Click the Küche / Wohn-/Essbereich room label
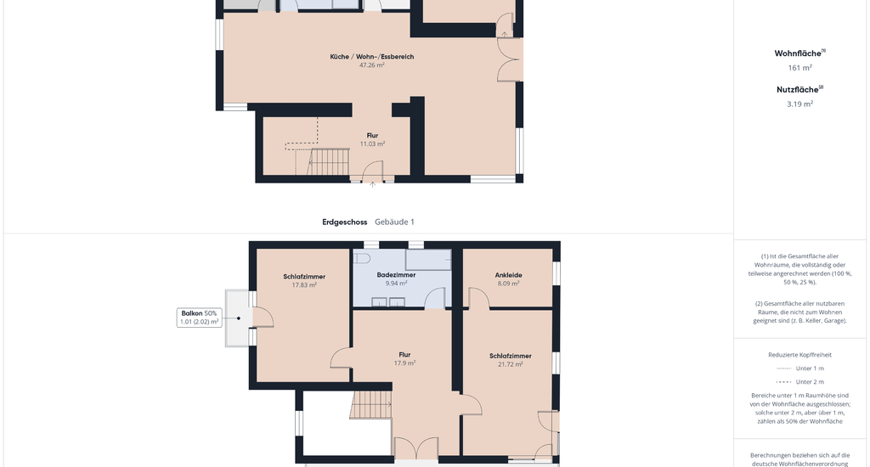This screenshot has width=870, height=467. [x=372, y=57]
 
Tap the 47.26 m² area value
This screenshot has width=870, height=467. [x=372, y=65]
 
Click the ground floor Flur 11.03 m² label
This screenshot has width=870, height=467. [x=372, y=139]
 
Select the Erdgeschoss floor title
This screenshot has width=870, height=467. [x=345, y=222]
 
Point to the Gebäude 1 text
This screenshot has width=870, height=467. [x=394, y=222]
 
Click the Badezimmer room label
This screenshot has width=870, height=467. [x=396, y=275]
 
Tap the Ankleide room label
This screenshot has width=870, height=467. [x=508, y=275]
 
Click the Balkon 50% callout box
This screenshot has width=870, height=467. [x=199, y=318]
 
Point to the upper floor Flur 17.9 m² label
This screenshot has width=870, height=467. [x=404, y=359]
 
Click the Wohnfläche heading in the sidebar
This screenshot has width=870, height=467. [x=800, y=53]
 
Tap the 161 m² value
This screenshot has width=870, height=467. [x=800, y=68]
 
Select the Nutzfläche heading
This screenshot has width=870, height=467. [x=800, y=89]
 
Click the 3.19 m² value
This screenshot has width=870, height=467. [x=800, y=104]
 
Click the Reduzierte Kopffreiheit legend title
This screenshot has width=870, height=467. [x=800, y=355]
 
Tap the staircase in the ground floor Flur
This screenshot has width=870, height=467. [x=328, y=161]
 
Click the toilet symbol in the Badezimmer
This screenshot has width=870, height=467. [x=362, y=258]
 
